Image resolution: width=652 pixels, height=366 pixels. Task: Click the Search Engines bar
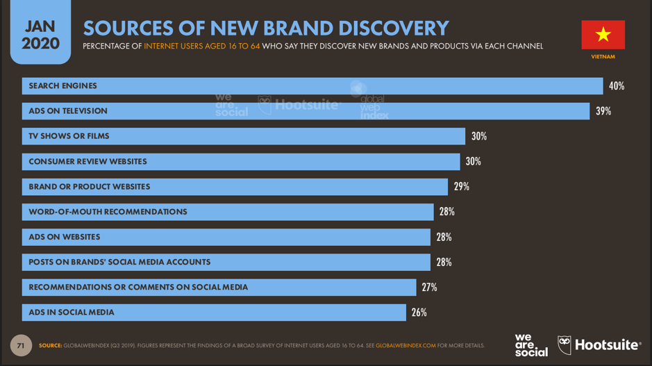[x=312, y=86]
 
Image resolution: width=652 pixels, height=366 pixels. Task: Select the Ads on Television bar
[x=306, y=111]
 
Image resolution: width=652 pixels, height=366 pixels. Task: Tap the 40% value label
[x=617, y=86]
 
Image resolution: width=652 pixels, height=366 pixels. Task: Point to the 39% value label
[x=603, y=111]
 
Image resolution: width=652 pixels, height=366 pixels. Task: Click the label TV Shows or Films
[x=69, y=136]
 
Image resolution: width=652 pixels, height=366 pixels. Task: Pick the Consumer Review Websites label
[x=87, y=162]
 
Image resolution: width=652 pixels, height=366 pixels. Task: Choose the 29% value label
[x=462, y=187]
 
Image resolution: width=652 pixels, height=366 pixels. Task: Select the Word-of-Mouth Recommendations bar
[x=228, y=212]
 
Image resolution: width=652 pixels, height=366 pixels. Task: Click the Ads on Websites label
[x=65, y=237]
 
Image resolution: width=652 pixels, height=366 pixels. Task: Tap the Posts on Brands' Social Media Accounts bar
[x=226, y=262]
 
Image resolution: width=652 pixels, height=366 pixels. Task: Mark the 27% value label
[x=429, y=288]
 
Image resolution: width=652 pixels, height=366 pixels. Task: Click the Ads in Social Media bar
[x=214, y=313]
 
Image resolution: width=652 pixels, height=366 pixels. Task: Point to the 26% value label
[x=419, y=313]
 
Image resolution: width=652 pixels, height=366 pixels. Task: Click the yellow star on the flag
[x=603, y=34]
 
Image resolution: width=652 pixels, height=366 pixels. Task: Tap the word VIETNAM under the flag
[x=603, y=57]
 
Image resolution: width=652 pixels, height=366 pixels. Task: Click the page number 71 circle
[x=21, y=345]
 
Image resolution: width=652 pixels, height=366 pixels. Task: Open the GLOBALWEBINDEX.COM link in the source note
[x=406, y=346]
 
